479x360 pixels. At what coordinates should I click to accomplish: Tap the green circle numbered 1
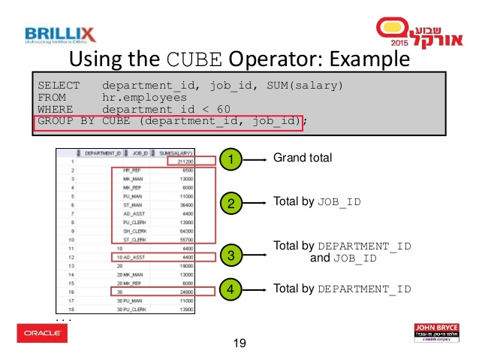(x=233, y=159)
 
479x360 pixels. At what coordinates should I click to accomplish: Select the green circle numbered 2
(x=233, y=203)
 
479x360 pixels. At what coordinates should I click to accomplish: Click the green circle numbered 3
(x=233, y=256)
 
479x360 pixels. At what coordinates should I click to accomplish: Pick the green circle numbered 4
(x=233, y=289)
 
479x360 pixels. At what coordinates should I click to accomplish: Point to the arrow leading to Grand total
(x=259, y=159)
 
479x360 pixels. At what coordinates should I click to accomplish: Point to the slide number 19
(x=239, y=344)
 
